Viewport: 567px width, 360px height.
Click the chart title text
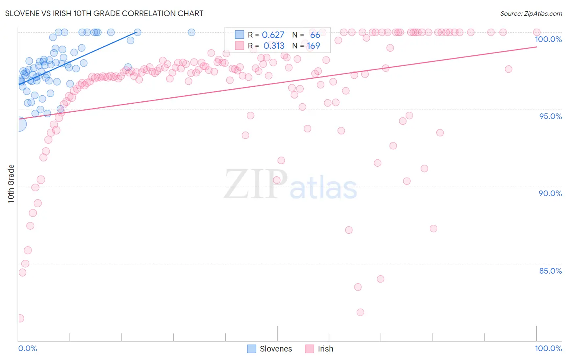click(104, 13)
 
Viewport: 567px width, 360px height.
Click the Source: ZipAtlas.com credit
click(531, 13)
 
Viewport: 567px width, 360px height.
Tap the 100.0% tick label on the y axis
click(548, 39)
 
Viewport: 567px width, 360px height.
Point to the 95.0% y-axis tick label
click(550, 116)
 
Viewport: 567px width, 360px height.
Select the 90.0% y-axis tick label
click(550, 193)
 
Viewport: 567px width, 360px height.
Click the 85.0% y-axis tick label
click(550, 271)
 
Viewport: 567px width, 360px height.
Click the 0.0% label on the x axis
click(27, 348)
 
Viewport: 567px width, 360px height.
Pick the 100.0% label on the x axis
click(548, 348)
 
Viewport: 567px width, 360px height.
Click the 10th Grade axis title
click(11, 184)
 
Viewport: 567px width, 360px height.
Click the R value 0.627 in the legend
click(273, 35)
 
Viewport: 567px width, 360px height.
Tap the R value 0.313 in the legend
click(274, 46)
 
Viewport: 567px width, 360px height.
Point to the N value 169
click(313, 46)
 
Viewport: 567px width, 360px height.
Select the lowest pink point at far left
click(20, 318)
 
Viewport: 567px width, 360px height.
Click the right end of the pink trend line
click(536, 47)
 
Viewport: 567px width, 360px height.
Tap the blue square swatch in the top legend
click(240, 35)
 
